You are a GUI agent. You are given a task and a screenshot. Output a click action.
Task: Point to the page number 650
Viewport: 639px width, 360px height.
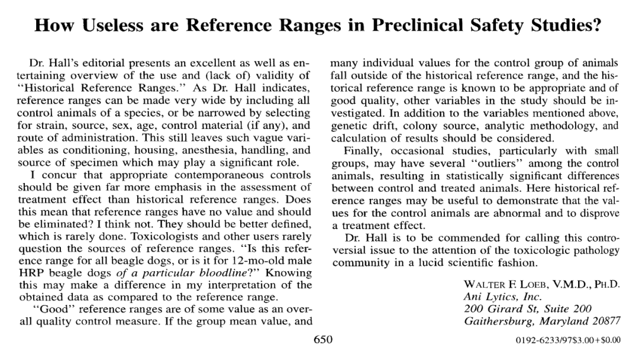(322, 339)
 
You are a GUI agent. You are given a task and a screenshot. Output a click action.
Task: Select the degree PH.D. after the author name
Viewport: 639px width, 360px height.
(605, 284)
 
